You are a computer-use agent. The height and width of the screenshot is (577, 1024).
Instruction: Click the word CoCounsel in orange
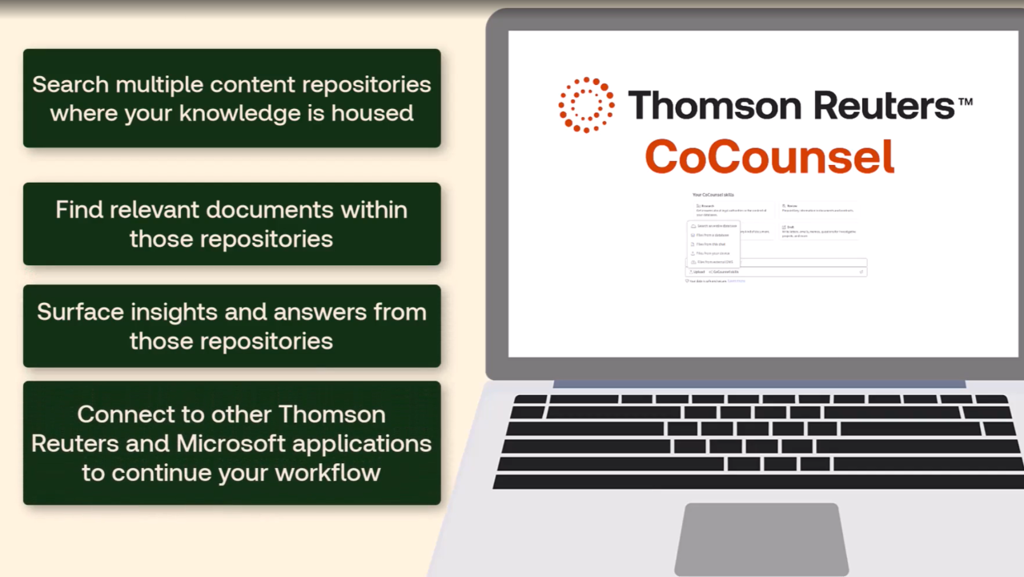[x=769, y=156]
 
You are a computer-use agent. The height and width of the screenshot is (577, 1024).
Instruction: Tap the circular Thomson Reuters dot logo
[x=586, y=105]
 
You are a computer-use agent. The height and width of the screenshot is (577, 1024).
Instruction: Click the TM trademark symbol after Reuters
[x=965, y=101]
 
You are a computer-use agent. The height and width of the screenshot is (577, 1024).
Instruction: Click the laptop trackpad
[x=761, y=539]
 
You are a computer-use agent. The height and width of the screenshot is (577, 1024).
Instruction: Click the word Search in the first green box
[x=70, y=84]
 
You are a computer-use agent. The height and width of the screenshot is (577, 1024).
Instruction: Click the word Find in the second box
[x=78, y=210]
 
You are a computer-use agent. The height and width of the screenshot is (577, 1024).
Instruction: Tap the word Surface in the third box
[x=80, y=312]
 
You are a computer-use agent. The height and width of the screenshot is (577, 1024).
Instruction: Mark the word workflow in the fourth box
[x=327, y=472]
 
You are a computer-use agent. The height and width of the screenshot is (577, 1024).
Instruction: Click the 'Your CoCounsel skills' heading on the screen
[x=713, y=195]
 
